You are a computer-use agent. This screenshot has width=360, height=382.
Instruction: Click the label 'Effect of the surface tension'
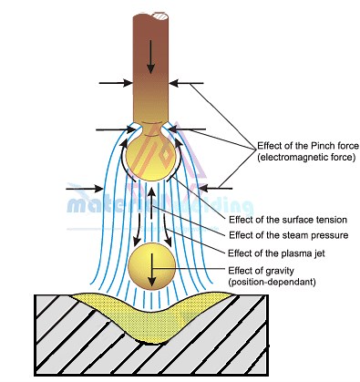287,221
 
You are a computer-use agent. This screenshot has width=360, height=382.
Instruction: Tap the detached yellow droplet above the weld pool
149,267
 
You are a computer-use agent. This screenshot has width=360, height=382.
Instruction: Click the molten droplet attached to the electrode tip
149,156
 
